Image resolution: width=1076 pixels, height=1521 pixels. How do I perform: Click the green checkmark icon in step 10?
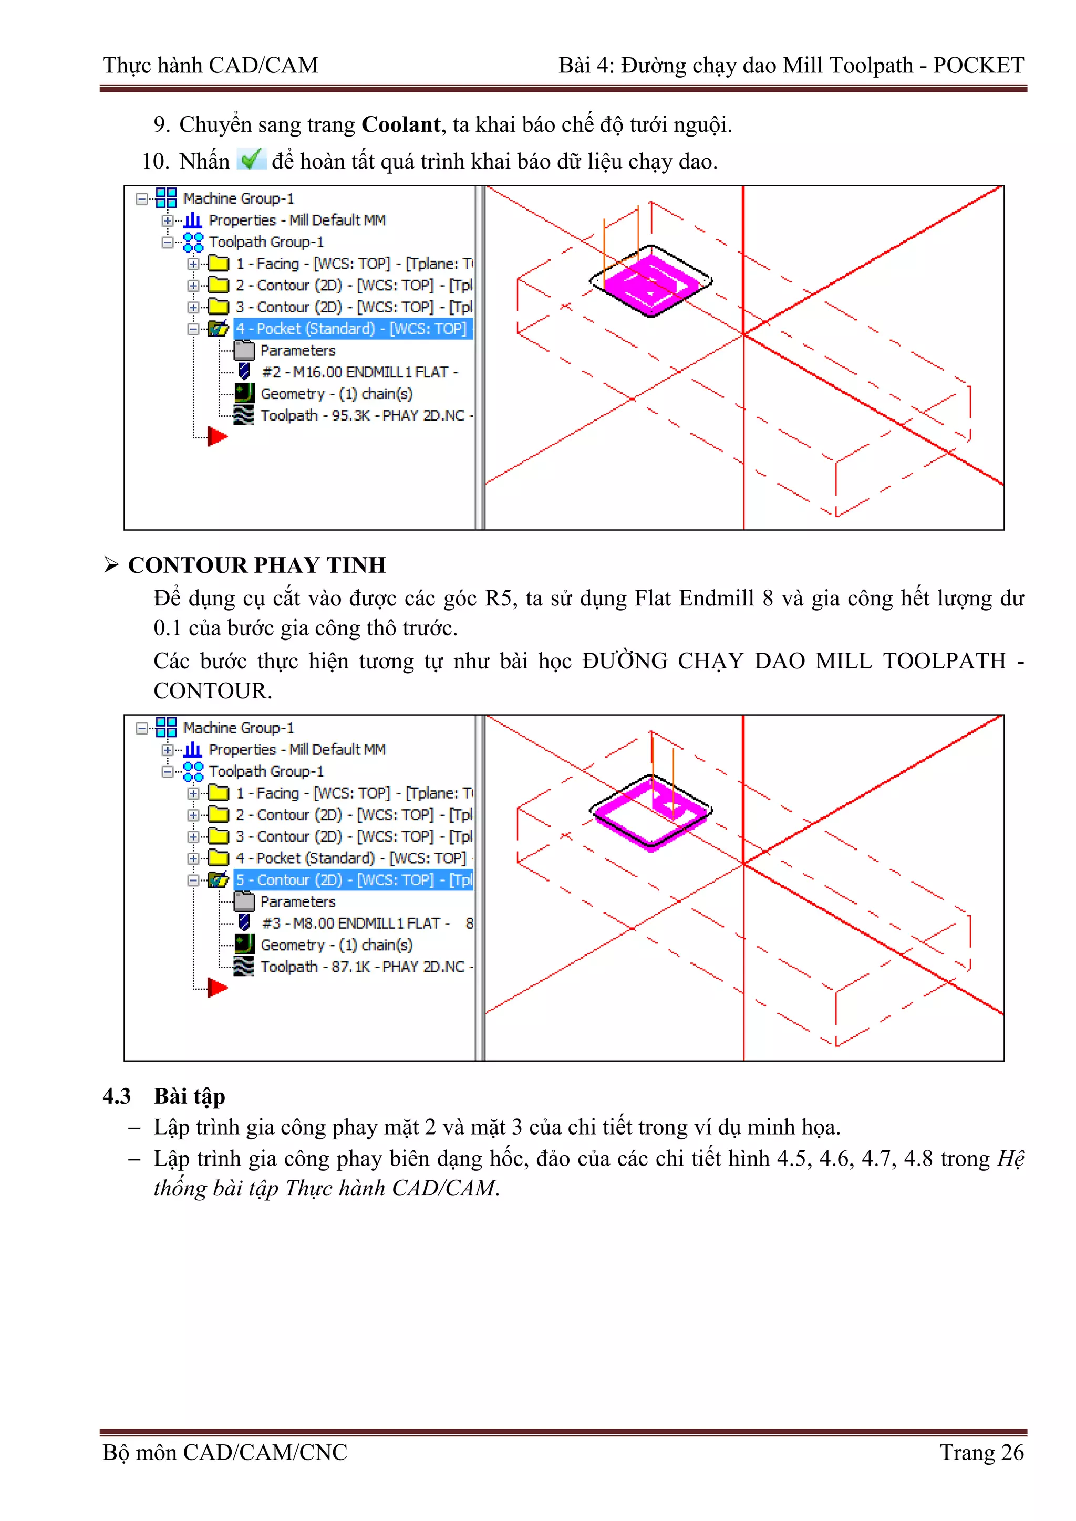(x=251, y=159)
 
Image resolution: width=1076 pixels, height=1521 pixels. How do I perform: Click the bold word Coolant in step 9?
(x=400, y=124)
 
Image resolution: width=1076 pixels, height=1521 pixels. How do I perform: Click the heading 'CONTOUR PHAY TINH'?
(x=256, y=565)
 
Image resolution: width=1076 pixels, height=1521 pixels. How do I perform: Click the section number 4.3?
(x=117, y=1096)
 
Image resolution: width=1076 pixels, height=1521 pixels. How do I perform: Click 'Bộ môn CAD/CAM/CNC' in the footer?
(x=225, y=1452)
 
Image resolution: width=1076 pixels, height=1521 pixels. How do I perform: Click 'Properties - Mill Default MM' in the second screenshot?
(x=296, y=749)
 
